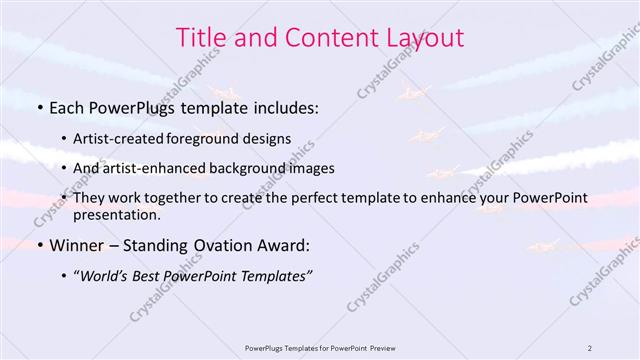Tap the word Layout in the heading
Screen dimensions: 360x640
tap(421, 38)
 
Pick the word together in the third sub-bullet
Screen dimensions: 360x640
tap(208, 198)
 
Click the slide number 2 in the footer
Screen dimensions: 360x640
tap(590, 348)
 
